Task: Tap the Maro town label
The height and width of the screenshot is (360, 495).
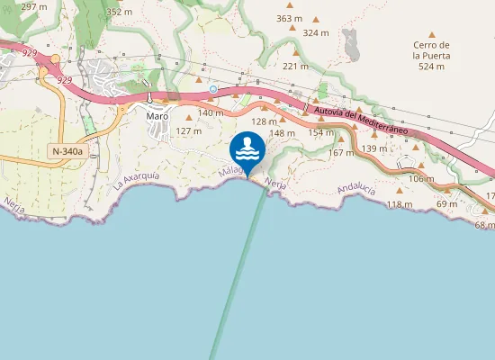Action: tap(158, 115)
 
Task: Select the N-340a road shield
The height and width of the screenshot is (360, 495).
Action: tap(67, 151)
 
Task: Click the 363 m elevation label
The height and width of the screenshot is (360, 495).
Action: tap(290, 18)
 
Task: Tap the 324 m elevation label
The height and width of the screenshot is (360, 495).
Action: tap(316, 33)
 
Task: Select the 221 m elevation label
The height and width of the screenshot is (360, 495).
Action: tap(296, 66)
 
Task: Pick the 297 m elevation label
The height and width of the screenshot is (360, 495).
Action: tap(33, 6)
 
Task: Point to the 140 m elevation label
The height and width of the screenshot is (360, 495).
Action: tap(210, 112)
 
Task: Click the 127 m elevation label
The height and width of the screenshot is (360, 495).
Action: tap(188, 130)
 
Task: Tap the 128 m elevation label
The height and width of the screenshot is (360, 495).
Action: tap(264, 121)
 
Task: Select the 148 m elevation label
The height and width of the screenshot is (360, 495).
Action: tap(283, 133)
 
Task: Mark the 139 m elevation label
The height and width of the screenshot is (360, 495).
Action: tap(374, 148)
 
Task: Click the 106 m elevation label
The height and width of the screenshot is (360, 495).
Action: tap(421, 178)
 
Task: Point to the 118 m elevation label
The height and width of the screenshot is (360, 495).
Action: tap(399, 204)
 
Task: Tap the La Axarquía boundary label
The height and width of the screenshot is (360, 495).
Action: tap(136, 180)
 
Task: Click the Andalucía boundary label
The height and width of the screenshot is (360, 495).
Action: tap(354, 189)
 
